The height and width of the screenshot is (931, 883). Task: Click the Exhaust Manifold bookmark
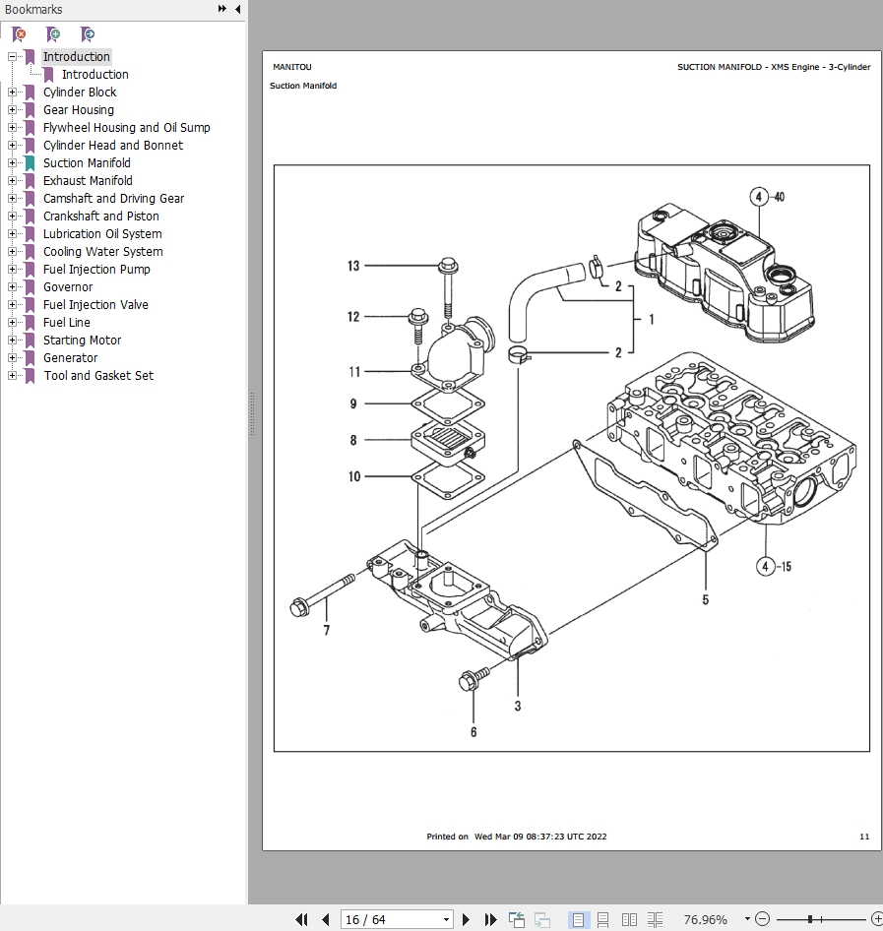coord(88,181)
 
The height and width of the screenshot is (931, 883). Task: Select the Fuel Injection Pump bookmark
coord(96,270)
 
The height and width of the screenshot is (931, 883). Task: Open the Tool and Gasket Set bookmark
coord(98,376)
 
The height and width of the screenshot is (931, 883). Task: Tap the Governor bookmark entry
coord(68,287)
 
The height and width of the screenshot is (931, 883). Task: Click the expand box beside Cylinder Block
coord(13,93)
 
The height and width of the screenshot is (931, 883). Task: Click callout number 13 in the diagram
coord(353,266)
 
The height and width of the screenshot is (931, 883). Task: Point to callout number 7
coord(327,631)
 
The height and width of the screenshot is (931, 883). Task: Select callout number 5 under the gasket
coord(705,599)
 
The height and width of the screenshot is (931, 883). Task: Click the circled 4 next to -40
coord(758,197)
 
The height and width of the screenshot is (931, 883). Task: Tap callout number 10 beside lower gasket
coord(354,477)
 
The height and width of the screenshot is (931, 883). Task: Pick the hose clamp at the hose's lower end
coord(520,353)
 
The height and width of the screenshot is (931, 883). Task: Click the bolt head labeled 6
coord(470,680)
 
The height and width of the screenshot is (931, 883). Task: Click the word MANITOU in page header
coord(292,67)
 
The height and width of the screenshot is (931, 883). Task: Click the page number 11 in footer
coord(864,837)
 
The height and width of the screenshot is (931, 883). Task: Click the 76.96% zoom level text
coord(705,919)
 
